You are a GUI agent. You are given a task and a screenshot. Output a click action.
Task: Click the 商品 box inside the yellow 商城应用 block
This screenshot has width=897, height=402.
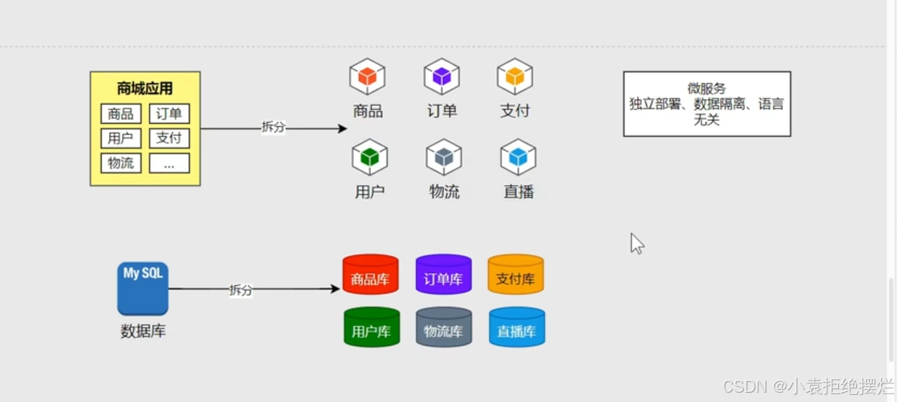point(120,114)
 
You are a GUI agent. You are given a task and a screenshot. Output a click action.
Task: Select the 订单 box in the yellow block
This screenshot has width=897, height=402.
point(169,114)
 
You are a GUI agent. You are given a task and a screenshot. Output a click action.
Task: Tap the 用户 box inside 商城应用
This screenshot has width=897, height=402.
point(120,138)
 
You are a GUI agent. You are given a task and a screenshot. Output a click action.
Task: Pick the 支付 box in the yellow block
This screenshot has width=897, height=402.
point(169,138)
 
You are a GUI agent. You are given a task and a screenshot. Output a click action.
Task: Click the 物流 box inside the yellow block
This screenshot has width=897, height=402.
point(120,163)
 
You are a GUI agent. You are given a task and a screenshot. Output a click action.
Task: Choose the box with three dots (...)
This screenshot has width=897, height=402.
point(169,163)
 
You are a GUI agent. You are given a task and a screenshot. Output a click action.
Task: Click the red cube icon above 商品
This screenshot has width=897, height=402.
point(367,77)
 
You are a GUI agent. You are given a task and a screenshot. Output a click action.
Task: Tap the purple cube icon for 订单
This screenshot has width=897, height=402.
point(442,77)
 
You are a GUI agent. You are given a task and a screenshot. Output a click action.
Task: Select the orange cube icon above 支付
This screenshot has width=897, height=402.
point(515,77)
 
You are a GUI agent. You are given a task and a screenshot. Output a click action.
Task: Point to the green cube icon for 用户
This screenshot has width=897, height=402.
point(370,158)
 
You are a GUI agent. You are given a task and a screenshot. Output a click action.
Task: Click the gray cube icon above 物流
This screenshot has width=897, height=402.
point(444,158)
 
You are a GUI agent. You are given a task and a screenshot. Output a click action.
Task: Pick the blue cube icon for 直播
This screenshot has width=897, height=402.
point(518,158)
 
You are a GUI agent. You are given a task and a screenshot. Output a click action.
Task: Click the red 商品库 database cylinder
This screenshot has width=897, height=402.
point(370,274)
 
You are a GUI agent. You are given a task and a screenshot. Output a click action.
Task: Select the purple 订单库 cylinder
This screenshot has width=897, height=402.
point(443,274)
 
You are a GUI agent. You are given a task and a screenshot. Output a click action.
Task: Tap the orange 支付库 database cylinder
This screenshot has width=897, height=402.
point(516,274)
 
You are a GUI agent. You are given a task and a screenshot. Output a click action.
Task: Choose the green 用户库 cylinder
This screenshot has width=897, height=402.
point(371,327)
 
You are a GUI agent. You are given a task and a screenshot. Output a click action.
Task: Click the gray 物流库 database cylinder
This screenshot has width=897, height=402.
point(444,327)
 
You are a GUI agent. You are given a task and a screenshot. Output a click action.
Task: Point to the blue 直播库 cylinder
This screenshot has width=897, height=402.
point(517,327)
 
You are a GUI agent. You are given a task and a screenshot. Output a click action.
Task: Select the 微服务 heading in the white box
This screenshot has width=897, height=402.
point(706,88)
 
